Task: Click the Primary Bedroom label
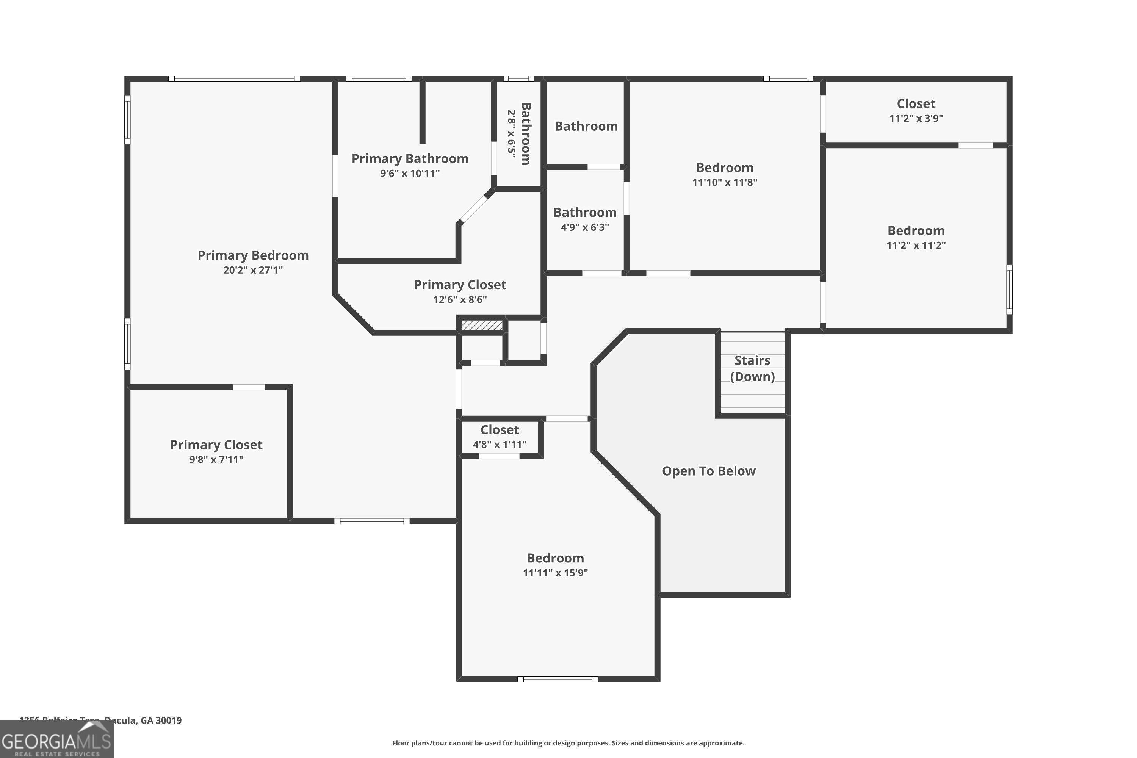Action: [253, 255]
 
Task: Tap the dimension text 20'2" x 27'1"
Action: [253, 270]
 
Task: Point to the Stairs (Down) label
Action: [752, 368]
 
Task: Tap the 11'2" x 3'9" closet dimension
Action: [916, 118]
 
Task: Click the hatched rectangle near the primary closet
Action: [482, 325]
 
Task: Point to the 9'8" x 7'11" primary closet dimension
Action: [216, 460]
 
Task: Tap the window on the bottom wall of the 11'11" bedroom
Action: [558, 679]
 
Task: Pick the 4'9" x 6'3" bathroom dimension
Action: [584, 227]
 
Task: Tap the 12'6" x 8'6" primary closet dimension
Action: [460, 300]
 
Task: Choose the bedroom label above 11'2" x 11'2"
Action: [916, 230]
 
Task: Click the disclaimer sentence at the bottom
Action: [568, 743]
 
